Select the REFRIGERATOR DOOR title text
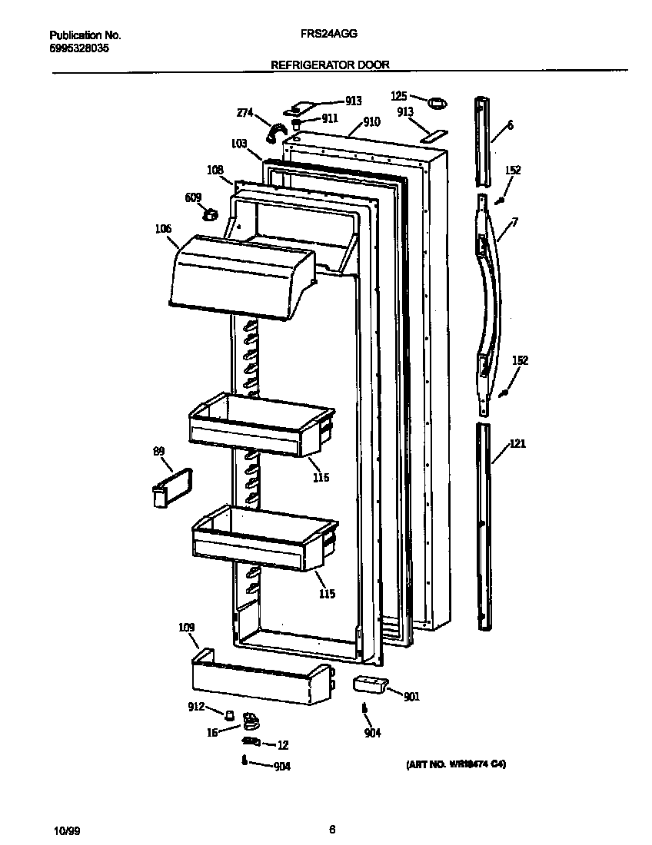[330, 66]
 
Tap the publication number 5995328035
[79, 48]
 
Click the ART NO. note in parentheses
[455, 765]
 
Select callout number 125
[399, 96]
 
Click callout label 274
[244, 114]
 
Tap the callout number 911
[329, 118]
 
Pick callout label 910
[371, 121]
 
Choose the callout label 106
[162, 229]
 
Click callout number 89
[159, 452]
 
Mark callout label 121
[517, 444]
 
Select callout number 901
[411, 697]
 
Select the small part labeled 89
[171, 488]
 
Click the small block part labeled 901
[367, 684]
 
